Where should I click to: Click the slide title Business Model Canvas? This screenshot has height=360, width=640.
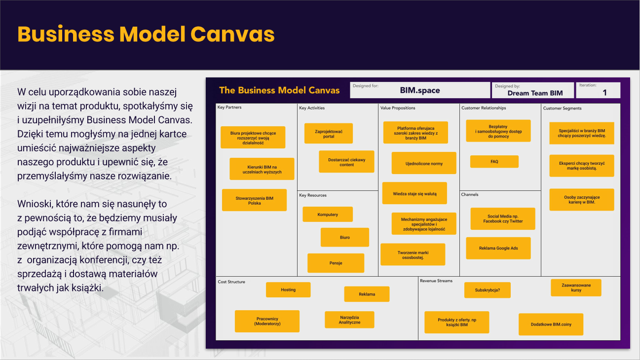[x=146, y=35]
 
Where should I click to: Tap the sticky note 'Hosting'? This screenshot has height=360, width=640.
[x=288, y=289]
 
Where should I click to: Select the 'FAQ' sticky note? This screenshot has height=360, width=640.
[x=494, y=162]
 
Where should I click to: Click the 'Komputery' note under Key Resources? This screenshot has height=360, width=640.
[x=328, y=215]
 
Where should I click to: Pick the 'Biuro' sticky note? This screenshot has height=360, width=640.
[x=344, y=237]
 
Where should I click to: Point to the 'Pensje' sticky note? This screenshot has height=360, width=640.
[x=336, y=263]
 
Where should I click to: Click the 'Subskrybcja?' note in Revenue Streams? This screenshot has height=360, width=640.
[x=487, y=290]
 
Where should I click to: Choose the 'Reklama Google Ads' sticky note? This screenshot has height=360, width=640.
[x=498, y=249]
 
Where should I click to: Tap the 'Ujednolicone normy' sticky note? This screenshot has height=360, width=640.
[x=424, y=163]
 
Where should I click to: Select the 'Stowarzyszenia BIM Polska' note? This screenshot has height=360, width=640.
[x=254, y=200]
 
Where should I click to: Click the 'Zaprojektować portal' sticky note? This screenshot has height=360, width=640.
[x=329, y=134]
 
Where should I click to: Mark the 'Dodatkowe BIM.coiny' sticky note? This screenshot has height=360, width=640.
[x=551, y=324]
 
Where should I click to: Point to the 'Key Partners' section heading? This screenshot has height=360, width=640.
[x=229, y=108]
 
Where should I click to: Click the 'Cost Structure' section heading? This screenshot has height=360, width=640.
[x=231, y=282]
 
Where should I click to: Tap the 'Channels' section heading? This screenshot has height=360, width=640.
[x=470, y=195]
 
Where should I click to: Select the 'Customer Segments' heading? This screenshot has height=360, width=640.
[x=562, y=108]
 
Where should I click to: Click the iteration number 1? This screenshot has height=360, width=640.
[x=604, y=92]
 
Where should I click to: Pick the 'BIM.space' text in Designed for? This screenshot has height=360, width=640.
[x=419, y=91]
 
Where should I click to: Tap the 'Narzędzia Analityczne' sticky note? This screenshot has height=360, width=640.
[x=349, y=320]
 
